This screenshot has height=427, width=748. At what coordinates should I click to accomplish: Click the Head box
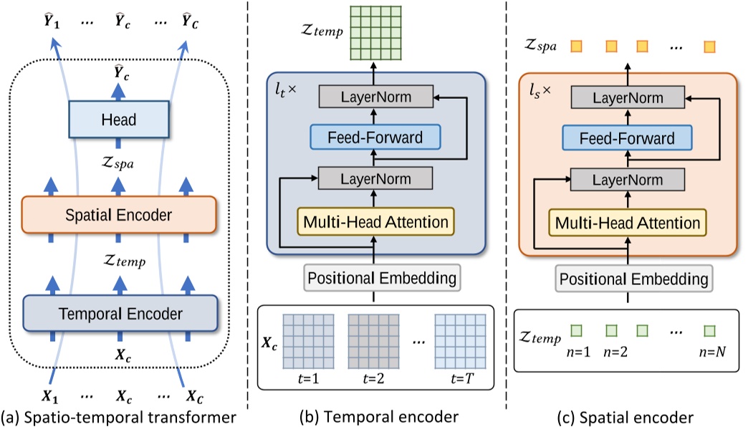click(118, 120)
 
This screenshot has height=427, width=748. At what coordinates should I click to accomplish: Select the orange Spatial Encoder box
click(118, 214)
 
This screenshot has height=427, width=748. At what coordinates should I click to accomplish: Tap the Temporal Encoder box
click(120, 313)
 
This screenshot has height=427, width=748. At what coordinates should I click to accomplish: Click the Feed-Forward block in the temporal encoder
click(375, 137)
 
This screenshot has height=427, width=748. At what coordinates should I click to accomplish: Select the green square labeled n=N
click(709, 331)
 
